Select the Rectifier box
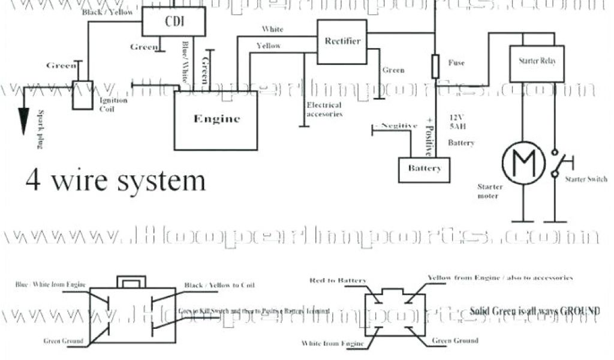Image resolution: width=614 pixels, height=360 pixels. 342,41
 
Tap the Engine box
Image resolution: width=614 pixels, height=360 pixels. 216,119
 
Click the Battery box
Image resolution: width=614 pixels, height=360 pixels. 424,169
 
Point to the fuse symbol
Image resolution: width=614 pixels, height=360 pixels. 436,66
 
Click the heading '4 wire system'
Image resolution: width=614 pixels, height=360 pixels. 115,180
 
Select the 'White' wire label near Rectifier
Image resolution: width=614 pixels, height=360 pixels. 273,29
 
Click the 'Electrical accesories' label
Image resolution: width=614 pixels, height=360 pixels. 324,109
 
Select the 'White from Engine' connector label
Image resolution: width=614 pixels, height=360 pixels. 335,344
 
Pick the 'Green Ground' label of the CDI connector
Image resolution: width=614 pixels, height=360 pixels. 63,341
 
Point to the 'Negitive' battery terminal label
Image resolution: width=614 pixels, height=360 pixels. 395,126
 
